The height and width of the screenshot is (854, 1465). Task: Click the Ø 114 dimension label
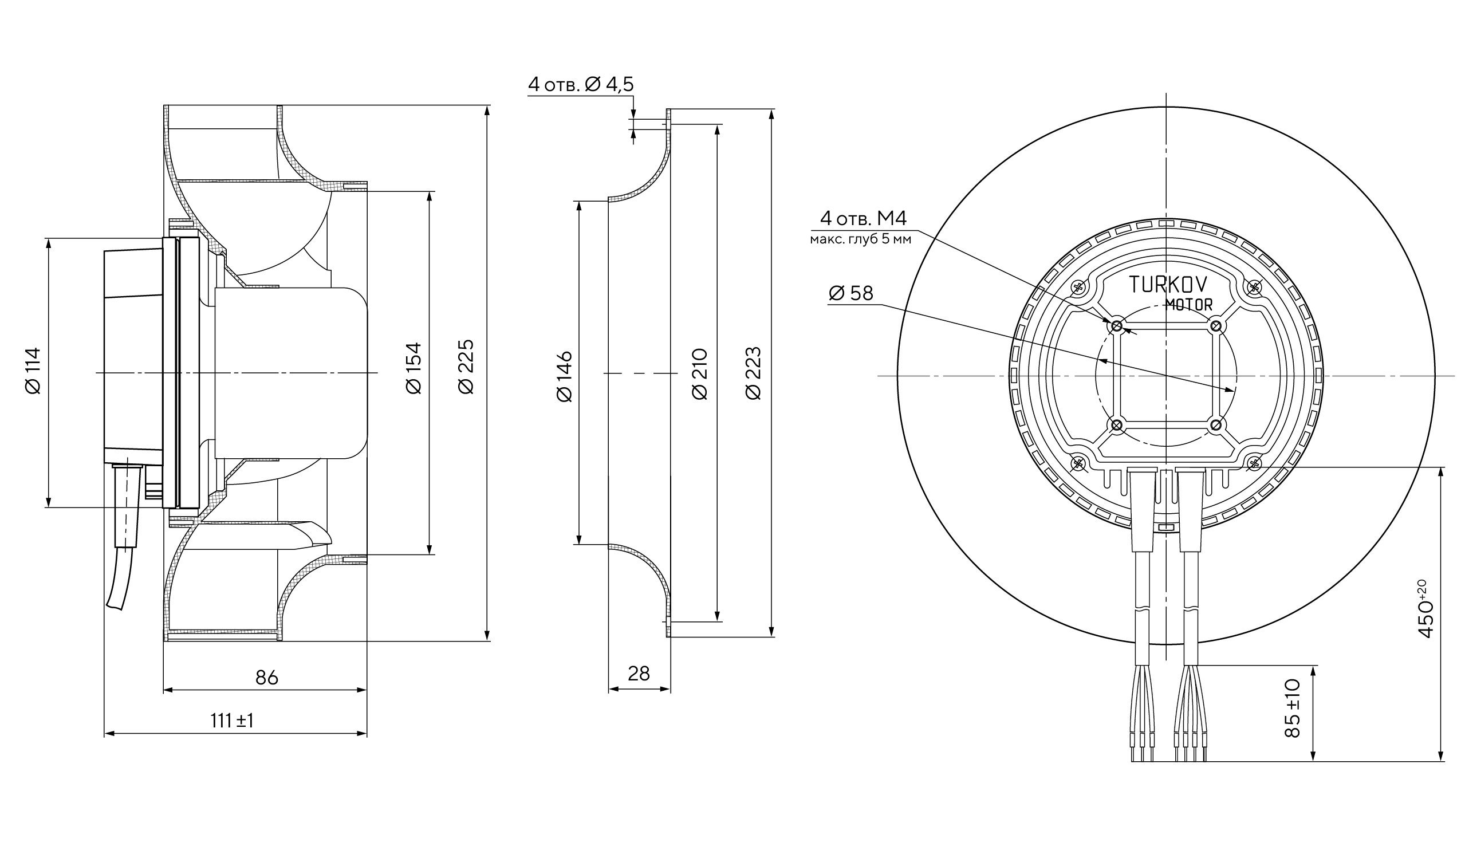(x=33, y=371)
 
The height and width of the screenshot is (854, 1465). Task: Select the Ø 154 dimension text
(x=414, y=368)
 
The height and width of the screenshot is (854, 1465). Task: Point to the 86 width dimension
(x=267, y=677)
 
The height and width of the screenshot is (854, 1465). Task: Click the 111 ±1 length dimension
(x=232, y=721)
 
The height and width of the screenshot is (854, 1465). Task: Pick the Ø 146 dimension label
(x=565, y=376)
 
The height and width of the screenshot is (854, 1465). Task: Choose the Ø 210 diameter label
(x=700, y=374)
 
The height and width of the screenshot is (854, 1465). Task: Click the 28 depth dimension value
(x=639, y=674)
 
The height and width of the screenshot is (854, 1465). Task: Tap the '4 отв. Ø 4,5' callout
(x=580, y=85)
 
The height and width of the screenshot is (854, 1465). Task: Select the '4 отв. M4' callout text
(x=863, y=219)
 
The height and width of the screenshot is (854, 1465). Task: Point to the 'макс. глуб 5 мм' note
(x=860, y=239)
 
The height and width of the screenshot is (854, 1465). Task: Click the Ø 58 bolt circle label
(x=851, y=294)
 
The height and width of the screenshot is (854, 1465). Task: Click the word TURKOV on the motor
(x=1168, y=284)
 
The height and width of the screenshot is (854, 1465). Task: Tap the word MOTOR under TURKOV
(x=1189, y=305)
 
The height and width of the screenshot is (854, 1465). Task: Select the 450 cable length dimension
(x=1426, y=616)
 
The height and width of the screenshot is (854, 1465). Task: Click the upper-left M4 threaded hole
(x=1117, y=326)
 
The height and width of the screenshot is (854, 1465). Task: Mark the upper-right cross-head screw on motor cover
(x=1255, y=286)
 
